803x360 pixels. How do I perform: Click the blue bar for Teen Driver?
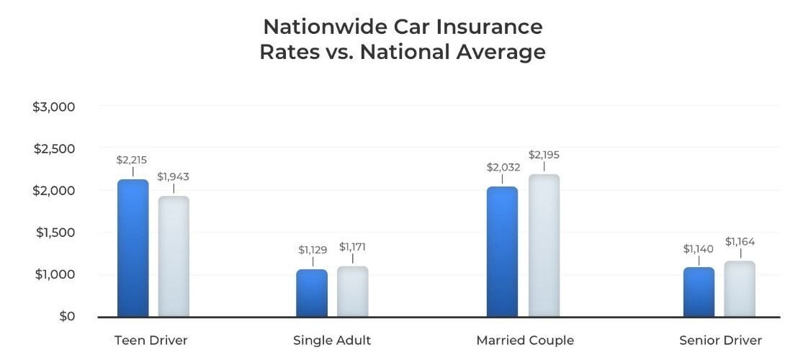[x=133, y=248]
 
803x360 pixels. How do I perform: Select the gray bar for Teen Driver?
[x=174, y=256]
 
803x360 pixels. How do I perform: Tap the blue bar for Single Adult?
[x=311, y=293]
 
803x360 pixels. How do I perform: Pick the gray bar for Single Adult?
[x=353, y=292]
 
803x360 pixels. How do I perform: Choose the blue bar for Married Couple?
[x=502, y=252]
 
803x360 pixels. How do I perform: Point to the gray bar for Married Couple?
[x=544, y=246]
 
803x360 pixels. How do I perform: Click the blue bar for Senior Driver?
[x=699, y=292]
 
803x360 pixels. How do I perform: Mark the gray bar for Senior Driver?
[x=740, y=289]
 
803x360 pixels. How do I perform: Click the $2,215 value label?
[x=132, y=160]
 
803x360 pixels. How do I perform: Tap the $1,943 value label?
[x=173, y=176]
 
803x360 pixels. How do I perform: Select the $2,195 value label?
[x=544, y=155]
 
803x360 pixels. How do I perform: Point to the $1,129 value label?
[x=313, y=250]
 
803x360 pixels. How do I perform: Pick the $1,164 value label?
[x=740, y=242]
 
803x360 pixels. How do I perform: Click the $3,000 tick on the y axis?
[x=54, y=107]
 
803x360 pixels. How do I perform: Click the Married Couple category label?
[x=525, y=341]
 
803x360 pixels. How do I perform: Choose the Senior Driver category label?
[x=720, y=341]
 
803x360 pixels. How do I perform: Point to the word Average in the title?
[x=498, y=53]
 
